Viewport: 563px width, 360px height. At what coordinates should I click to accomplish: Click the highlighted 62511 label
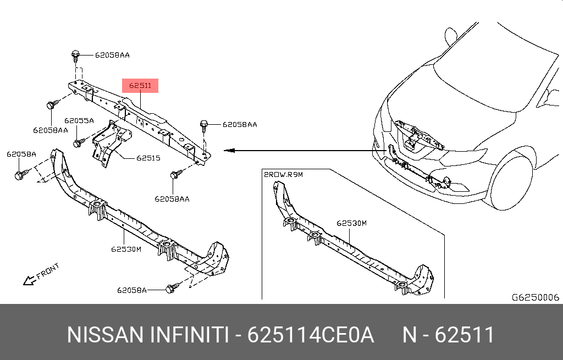point(140,86)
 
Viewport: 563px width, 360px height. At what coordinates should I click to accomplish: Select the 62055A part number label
point(79,120)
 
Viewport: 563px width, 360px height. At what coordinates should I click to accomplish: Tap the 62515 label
point(148,158)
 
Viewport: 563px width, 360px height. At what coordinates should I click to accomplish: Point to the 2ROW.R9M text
point(284,174)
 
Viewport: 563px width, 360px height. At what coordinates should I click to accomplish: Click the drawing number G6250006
point(535,297)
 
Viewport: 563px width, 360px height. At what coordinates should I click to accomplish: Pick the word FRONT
point(48,271)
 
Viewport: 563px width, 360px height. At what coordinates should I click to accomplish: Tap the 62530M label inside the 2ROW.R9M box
point(351,224)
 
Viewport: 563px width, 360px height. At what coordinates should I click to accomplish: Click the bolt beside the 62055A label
point(78,143)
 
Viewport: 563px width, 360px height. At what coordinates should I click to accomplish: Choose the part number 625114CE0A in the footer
point(311,335)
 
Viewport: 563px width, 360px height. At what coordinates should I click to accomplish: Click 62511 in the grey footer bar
point(465,335)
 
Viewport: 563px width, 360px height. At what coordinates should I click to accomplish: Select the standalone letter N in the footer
point(410,335)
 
